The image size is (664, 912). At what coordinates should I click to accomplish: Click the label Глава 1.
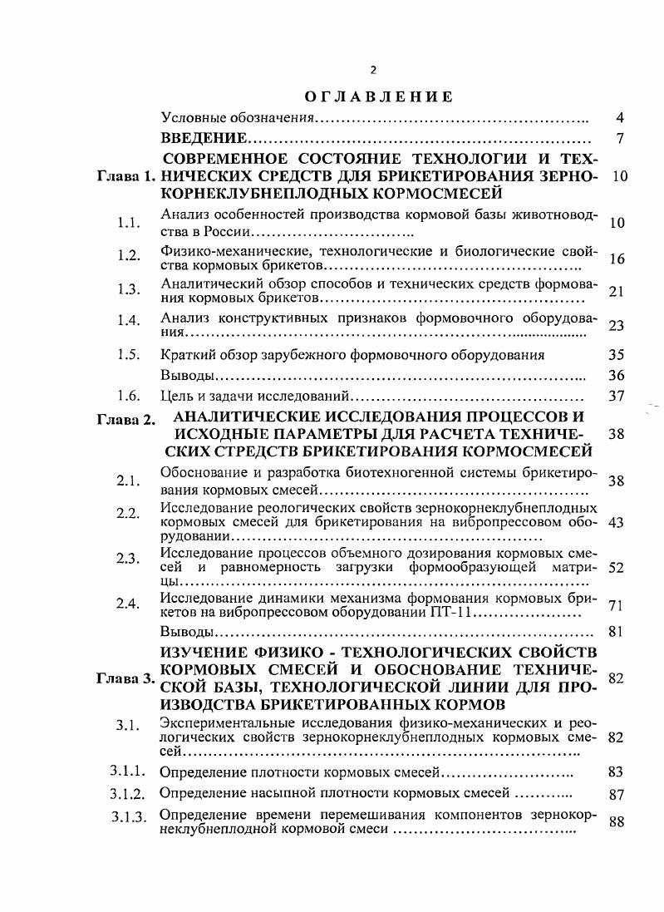coord(126,177)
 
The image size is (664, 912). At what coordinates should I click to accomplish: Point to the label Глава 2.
coord(126,420)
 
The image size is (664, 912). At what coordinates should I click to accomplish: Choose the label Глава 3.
coord(126,678)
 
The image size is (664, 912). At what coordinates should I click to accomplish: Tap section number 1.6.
coord(127,396)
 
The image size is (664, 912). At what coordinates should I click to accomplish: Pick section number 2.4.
coord(127,604)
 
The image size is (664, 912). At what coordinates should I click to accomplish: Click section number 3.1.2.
coord(128,792)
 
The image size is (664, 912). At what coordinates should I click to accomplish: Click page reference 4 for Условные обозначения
coord(619,117)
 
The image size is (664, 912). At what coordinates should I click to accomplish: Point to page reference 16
coord(616,259)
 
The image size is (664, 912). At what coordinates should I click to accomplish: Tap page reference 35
coord(616,354)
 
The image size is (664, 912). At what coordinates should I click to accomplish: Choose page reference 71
coord(616,605)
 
